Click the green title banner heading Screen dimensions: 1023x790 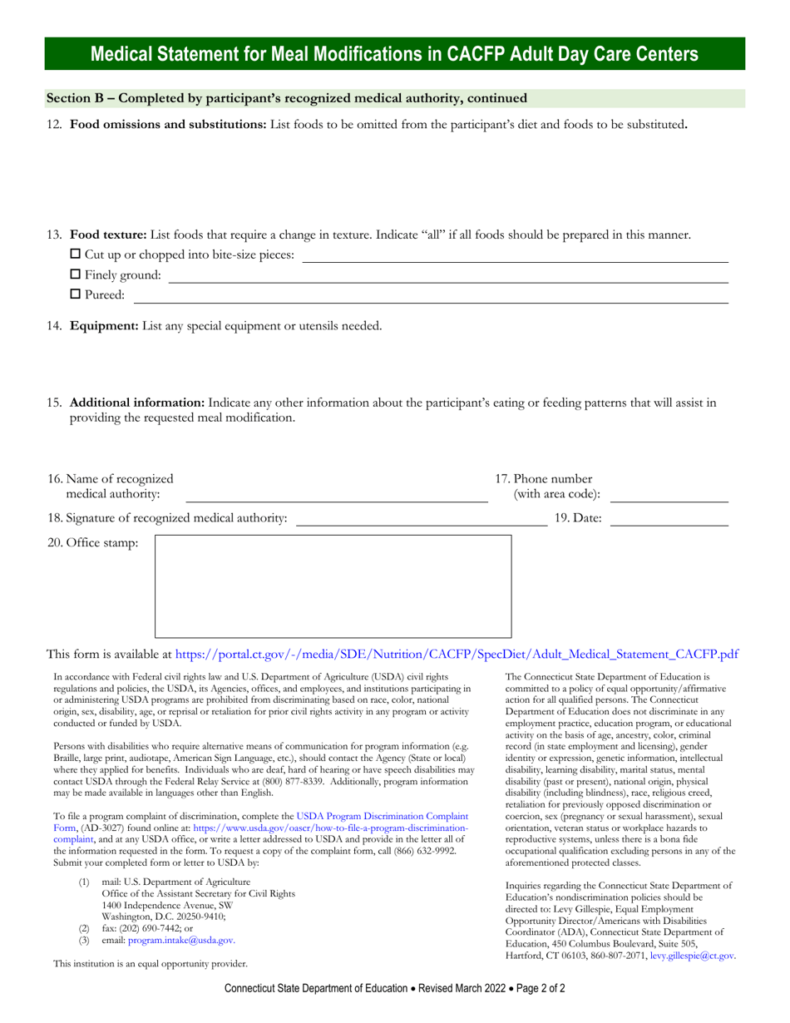[x=394, y=55]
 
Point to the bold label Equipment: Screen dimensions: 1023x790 [x=104, y=326]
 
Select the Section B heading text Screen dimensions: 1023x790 [x=287, y=98]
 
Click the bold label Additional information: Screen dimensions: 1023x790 [x=137, y=403]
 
